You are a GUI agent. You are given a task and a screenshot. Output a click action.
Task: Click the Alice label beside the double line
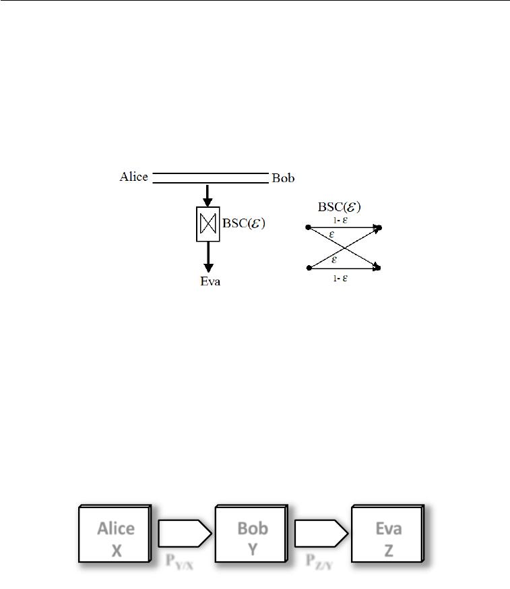(133, 177)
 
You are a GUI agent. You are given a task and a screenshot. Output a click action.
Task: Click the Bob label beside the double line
(283, 179)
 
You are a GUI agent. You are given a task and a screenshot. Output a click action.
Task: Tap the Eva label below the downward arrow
(210, 281)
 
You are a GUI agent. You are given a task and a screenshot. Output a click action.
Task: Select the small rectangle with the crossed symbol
(208, 224)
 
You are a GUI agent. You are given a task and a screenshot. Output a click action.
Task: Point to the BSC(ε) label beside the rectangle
(243, 223)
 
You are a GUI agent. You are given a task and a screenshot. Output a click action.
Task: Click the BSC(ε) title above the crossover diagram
(340, 207)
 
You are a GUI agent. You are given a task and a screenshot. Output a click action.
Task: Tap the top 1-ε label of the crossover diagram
(340, 220)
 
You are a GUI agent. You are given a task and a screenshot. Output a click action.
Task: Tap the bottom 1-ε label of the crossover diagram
(340, 277)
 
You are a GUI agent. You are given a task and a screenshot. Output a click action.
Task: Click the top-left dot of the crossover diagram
(308, 228)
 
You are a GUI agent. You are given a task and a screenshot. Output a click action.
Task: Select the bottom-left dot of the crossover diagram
(308, 268)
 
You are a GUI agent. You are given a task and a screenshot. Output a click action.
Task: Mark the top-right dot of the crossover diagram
(379, 228)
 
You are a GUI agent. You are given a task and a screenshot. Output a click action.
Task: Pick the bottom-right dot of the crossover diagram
(379, 268)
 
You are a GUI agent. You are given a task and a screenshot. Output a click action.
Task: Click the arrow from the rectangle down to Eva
(208, 256)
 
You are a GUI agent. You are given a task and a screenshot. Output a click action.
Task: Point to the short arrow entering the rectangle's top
(208, 195)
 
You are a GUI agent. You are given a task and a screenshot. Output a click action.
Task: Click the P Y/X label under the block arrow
(180, 562)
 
